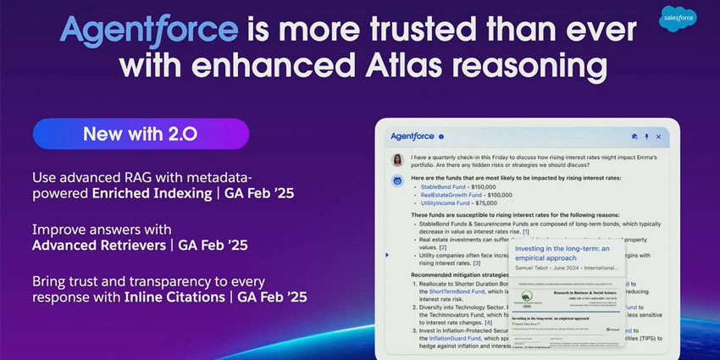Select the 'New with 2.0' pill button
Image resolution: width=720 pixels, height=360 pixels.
click(141, 134)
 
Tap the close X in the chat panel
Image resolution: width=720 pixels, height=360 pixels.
click(659, 136)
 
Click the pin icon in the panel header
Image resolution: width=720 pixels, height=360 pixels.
click(646, 136)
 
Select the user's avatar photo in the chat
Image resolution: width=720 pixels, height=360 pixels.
click(396, 158)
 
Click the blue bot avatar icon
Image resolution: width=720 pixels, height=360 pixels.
click(396, 180)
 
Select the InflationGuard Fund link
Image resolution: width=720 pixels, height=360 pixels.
click(446, 338)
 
